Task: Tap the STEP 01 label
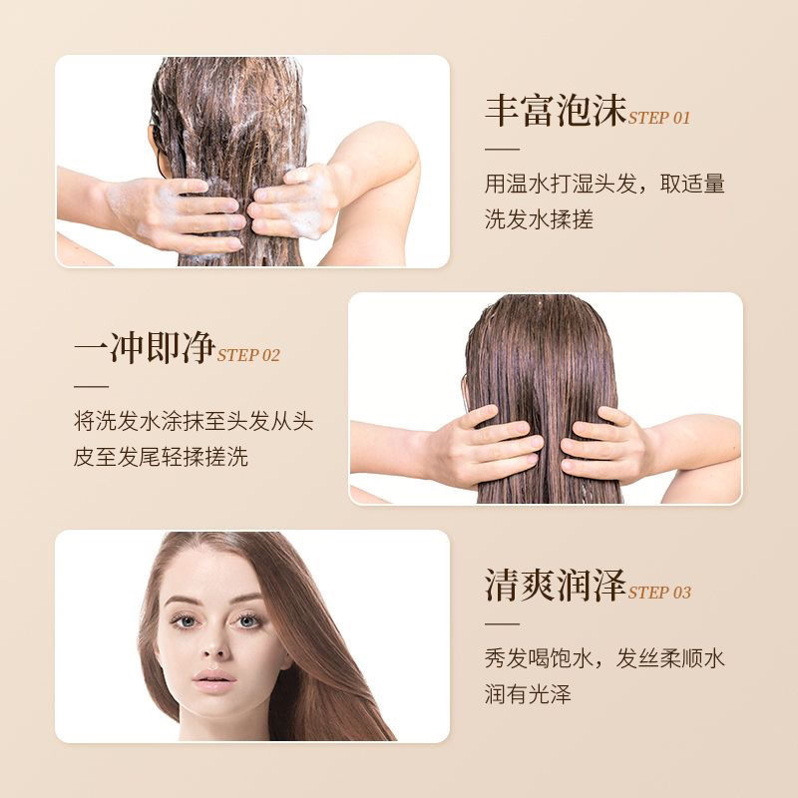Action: click(659, 118)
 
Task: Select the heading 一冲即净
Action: click(145, 347)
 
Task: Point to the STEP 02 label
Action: click(248, 355)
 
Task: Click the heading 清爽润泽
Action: click(556, 585)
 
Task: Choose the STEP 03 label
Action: click(659, 593)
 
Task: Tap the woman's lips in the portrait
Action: click(214, 681)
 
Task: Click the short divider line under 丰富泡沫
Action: click(502, 150)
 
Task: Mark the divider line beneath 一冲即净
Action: click(91, 387)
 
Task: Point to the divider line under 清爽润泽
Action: click(502, 624)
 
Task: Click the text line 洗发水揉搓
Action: click(539, 219)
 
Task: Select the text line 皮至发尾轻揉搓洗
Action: click(161, 457)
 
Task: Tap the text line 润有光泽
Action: click(528, 693)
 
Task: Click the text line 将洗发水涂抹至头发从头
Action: click(194, 421)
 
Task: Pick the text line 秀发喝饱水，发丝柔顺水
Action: click(604, 658)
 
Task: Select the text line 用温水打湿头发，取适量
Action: click(604, 184)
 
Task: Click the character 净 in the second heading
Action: click(199, 347)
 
